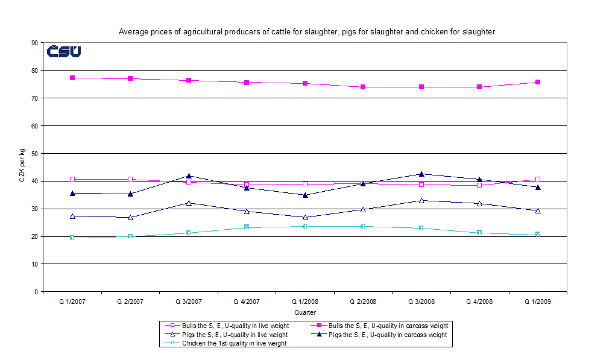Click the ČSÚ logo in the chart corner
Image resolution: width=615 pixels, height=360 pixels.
(64, 52)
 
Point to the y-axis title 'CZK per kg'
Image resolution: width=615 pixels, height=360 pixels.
(22, 167)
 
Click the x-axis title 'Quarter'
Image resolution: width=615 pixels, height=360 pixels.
(304, 312)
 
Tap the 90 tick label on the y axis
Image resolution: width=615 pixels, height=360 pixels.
(35, 43)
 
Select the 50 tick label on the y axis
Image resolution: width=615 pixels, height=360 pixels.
(35, 154)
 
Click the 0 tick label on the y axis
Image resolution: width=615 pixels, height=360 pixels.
(37, 292)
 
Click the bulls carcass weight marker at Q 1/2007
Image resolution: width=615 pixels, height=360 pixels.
(72, 78)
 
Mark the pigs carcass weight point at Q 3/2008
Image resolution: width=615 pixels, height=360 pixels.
(421, 174)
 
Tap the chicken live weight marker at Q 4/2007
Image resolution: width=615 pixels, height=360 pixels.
(247, 227)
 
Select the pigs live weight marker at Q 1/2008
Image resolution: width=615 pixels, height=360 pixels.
(304, 217)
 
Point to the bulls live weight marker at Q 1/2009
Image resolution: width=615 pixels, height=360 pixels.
(538, 179)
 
